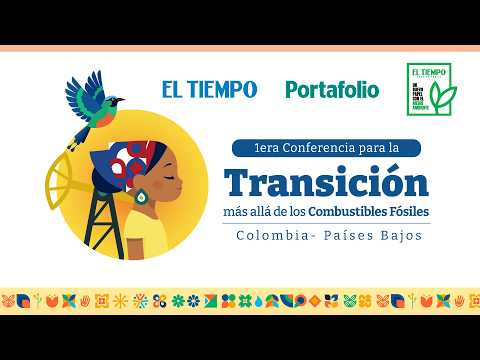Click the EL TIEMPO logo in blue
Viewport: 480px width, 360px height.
pos(209,89)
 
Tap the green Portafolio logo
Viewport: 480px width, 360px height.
pos(332,89)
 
